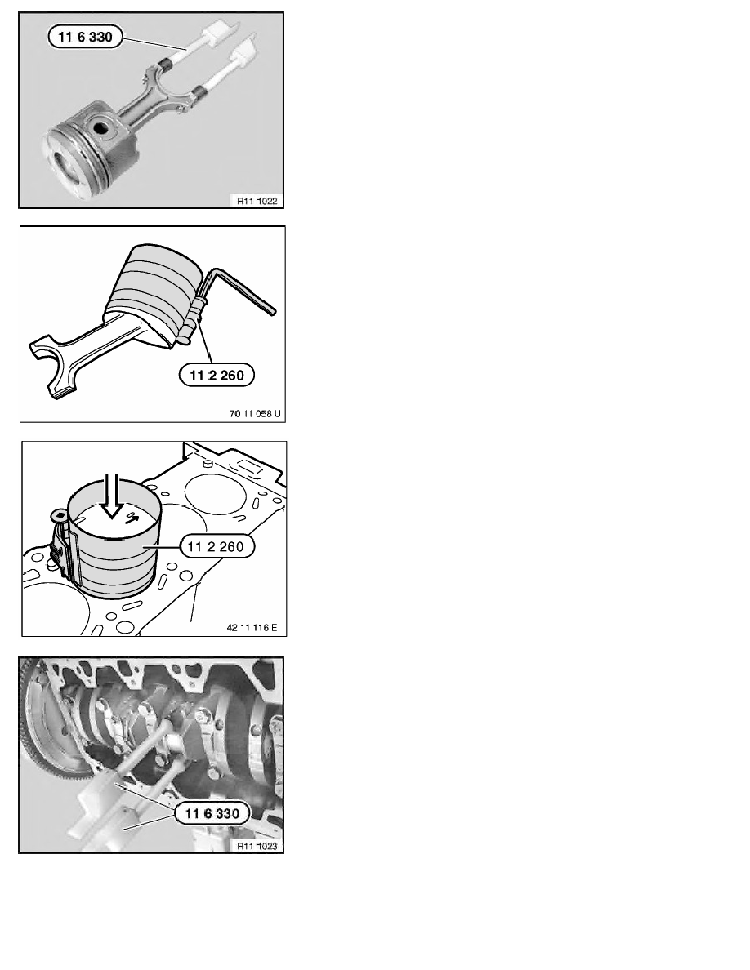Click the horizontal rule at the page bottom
click(x=375, y=928)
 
